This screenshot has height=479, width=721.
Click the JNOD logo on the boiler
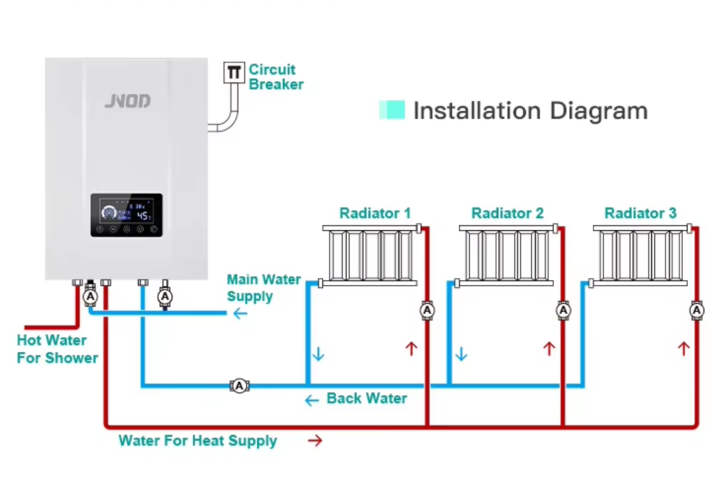click(x=127, y=101)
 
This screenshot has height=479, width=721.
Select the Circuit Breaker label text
click(x=276, y=77)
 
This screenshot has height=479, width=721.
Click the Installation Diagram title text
click(x=529, y=110)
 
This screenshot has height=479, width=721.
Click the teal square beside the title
click(x=392, y=110)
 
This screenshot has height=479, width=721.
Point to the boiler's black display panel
click(x=126, y=215)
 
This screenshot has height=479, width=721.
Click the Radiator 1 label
click(x=375, y=212)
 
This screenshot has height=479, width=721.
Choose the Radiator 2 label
click(x=508, y=212)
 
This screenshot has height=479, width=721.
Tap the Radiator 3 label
click(x=640, y=212)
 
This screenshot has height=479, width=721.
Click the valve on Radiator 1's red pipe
click(x=427, y=310)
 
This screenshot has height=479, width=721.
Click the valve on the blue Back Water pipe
click(x=239, y=385)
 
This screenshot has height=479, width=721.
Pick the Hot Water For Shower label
click(x=57, y=349)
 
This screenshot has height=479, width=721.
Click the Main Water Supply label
click(x=263, y=288)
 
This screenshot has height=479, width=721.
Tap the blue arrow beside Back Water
click(x=311, y=400)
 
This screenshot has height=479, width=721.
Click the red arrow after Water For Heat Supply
click(x=315, y=441)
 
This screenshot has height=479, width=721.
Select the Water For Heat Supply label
click(x=197, y=441)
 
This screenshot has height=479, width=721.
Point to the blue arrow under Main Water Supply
click(x=240, y=313)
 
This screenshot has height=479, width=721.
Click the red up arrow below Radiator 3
click(x=683, y=348)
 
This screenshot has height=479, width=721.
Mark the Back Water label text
click(x=366, y=399)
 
